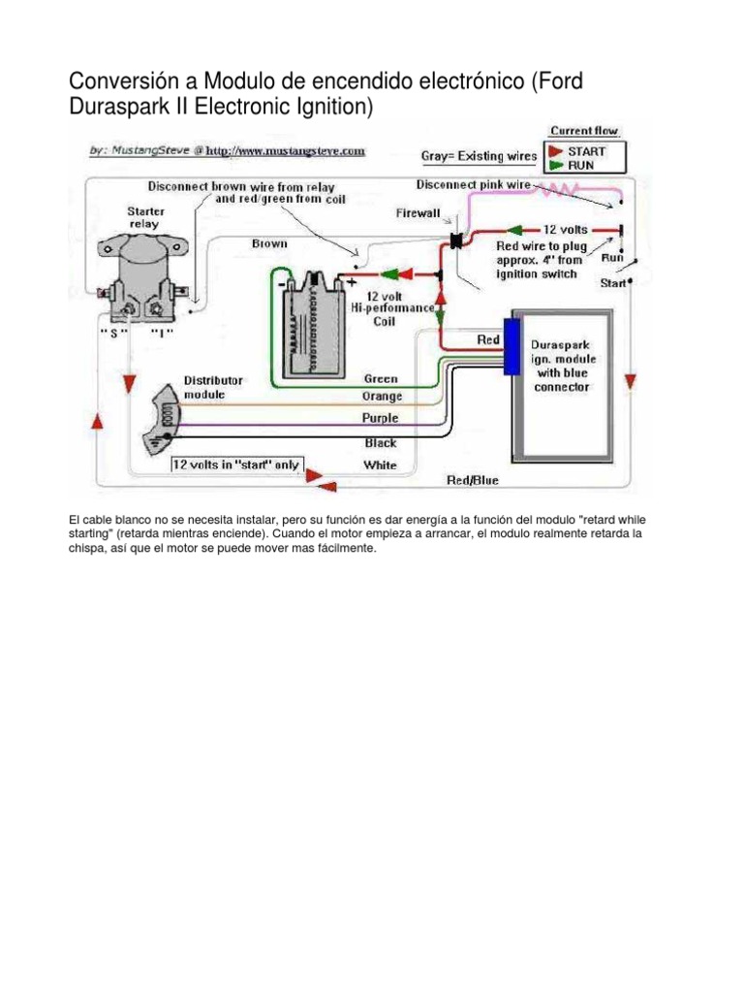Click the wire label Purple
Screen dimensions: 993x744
click(380, 418)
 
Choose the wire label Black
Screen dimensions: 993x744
click(380, 442)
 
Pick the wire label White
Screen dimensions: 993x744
click(380, 465)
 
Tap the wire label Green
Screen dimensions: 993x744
click(380, 378)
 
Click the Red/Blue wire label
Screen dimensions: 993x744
click(473, 479)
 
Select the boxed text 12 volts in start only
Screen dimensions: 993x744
click(236, 464)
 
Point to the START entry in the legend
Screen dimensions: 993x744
click(587, 151)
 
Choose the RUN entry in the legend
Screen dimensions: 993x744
click(580, 165)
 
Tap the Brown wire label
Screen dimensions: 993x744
click(269, 243)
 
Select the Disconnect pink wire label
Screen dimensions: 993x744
click(473, 183)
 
